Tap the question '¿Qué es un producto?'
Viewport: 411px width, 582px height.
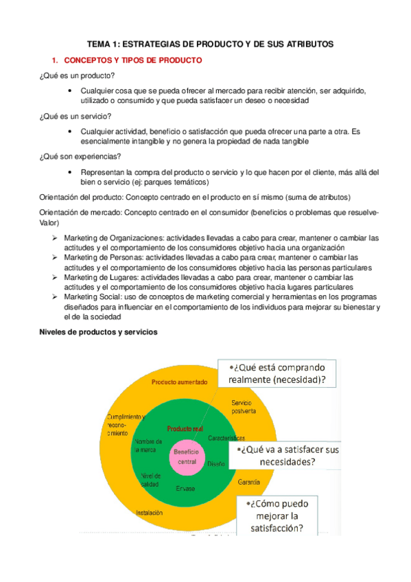pyautogui.click(x=77, y=75)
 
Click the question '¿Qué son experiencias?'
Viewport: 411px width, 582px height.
pyautogui.click(x=80, y=156)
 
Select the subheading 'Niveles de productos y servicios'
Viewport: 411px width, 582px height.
pyautogui.click(x=99, y=332)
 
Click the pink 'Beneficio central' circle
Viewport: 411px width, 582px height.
pyautogui.click(x=186, y=457)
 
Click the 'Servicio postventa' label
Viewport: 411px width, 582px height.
pyautogui.click(x=244, y=406)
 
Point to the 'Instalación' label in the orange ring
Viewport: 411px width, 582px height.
pyautogui.click(x=149, y=512)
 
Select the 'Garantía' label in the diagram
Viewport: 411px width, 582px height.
pyautogui.click(x=248, y=483)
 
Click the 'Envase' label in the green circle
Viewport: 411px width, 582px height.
pyautogui.click(x=185, y=488)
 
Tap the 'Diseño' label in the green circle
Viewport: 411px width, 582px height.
pyautogui.click(x=215, y=463)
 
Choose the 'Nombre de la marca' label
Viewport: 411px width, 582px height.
pyautogui.click(x=148, y=445)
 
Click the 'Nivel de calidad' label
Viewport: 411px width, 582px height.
pyautogui.click(x=150, y=480)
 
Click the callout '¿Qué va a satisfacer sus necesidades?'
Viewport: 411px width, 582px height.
pyautogui.click(x=284, y=455)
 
